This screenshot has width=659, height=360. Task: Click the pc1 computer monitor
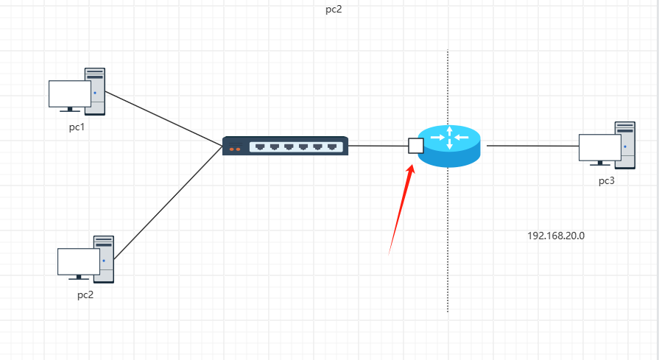[69, 94]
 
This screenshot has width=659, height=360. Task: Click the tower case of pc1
[95, 91]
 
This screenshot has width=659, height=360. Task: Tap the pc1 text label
[77, 127]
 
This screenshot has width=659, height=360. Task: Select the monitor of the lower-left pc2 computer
[78, 262]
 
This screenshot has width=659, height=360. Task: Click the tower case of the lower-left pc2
[104, 258]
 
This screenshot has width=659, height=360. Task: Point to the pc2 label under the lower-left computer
[85, 294]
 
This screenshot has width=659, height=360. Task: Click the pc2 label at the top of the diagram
[334, 10]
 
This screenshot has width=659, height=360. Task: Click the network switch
[285, 146]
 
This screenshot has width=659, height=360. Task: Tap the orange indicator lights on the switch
[235, 149]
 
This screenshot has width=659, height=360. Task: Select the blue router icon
[448, 146]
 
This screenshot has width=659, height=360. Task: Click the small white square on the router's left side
[415, 145]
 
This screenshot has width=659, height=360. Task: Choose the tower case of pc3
[625, 144]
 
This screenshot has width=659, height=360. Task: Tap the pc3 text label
[607, 180]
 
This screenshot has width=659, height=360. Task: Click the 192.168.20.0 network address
[556, 236]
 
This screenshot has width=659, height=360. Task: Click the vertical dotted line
[448, 243]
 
